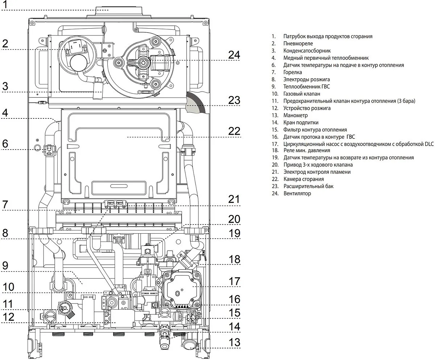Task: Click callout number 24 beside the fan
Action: point(234,55)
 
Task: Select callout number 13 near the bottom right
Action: point(234,342)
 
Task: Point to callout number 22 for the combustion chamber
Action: point(234,131)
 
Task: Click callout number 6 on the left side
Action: point(5,143)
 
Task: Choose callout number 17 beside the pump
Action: point(234,281)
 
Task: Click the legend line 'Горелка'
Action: point(293,72)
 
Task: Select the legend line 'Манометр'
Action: point(295,115)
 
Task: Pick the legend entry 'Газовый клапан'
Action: point(301,94)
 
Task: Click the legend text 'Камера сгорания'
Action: point(303,179)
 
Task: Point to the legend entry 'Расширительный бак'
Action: point(308,186)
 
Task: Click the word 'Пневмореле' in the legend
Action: point(298,43)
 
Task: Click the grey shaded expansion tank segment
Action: point(196,103)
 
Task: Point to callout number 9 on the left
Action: point(5,265)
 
